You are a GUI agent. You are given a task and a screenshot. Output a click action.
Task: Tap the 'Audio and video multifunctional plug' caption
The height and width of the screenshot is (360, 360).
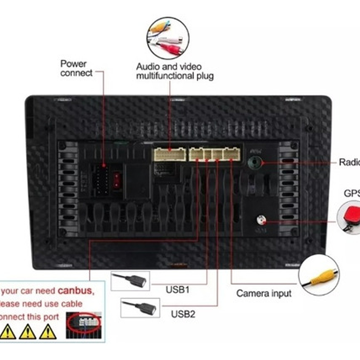175,71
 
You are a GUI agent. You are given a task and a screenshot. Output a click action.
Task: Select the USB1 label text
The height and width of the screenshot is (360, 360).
178,289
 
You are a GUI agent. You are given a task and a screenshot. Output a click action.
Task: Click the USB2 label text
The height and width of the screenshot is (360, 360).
183,314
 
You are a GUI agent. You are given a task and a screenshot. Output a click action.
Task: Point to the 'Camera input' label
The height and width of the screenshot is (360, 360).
264,294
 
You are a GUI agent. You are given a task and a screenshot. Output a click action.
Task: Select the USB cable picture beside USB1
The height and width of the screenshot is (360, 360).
130,281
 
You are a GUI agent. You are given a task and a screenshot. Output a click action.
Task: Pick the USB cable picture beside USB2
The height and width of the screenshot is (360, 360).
140,307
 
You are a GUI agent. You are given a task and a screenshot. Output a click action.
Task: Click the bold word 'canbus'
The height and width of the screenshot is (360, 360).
76,290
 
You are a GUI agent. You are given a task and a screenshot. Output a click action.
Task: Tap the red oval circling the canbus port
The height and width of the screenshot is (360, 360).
85,322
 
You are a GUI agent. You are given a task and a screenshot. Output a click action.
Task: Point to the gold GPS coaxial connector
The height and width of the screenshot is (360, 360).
260,220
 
